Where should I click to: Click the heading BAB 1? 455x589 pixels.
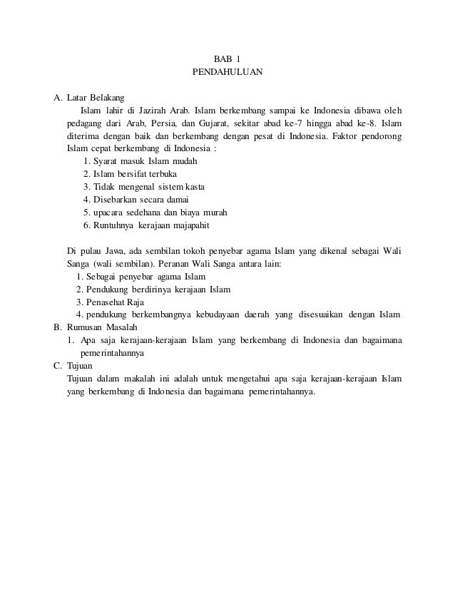pyautogui.click(x=227, y=58)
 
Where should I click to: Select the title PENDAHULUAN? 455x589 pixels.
pyautogui.click(x=227, y=72)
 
